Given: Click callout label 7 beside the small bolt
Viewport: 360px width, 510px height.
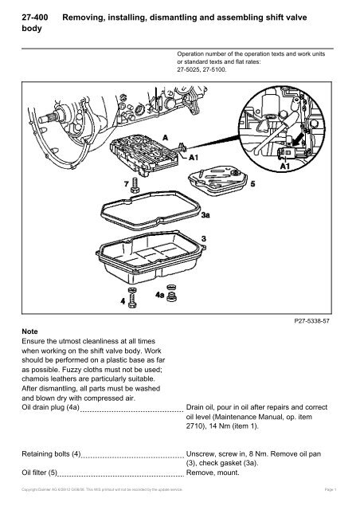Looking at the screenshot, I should (x=125, y=183).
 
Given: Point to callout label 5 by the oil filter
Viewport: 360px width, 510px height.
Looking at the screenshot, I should (x=253, y=183).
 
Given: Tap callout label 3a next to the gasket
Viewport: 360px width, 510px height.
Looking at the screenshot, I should (x=205, y=215).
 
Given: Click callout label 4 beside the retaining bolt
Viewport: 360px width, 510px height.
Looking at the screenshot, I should (x=122, y=303).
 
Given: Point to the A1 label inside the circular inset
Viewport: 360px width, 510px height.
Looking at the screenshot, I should (x=284, y=167).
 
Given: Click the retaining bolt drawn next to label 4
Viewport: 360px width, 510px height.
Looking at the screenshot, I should (x=134, y=300).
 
